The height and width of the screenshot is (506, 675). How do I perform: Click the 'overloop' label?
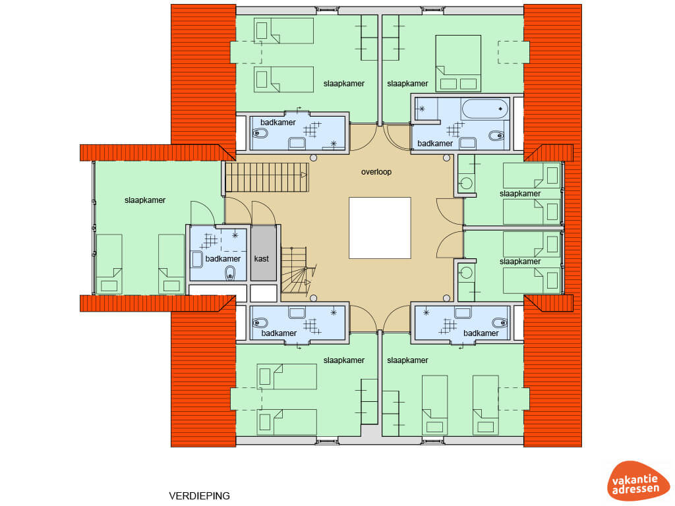click(376, 172)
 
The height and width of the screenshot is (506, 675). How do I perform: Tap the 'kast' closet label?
click(261, 258)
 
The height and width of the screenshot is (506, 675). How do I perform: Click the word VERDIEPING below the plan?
click(199, 495)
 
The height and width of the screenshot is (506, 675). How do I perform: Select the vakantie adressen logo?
click(638, 480)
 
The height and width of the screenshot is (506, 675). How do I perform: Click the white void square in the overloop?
click(380, 228)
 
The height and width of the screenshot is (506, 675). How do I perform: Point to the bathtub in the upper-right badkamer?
click(485, 109)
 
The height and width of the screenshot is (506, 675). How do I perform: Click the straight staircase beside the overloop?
click(267, 177)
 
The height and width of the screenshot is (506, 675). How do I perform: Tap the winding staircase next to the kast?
click(297, 270)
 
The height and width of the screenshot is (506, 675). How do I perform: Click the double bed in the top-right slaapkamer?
click(458, 64)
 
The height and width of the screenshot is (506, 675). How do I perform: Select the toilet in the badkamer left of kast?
click(230, 273)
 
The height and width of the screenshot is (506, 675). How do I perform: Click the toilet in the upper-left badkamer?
click(260, 133)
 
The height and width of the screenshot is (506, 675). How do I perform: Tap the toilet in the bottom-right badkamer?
click(500, 323)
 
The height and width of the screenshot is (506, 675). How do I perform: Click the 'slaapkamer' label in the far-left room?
click(145, 200)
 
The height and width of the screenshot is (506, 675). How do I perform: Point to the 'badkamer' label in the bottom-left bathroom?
click(279, 333)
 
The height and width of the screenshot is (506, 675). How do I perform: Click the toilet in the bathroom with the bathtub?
click(496, 136)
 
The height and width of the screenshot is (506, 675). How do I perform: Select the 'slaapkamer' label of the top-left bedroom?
click(344, 84)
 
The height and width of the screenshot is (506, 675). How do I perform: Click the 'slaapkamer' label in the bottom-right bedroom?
click(407, 360)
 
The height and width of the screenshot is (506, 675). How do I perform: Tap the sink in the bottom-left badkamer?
click(297, 312)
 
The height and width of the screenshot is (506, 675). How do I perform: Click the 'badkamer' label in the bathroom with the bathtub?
click(435, 143)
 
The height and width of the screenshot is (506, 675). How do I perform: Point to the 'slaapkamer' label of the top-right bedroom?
click(407, 84)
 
